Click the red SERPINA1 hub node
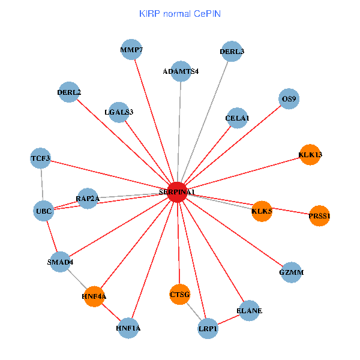[176, 191]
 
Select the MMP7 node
[131, 50]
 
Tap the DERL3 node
[232, 52]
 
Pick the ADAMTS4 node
[181, 71]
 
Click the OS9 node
[289, 98]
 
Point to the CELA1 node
[237, 118]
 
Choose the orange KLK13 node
[310, 155]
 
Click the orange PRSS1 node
[319, 216]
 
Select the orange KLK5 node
[262, 211]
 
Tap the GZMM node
[291, 272]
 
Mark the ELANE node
[249, 310]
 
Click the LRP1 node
[208, 329]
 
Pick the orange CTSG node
[179, 294]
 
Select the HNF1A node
[128, 328]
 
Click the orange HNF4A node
[94, 296]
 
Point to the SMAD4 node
[60, 262]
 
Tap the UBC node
[44, 211]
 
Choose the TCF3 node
[41, 158]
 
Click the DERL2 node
[69, 92]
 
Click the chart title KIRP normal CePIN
[179, 13]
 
